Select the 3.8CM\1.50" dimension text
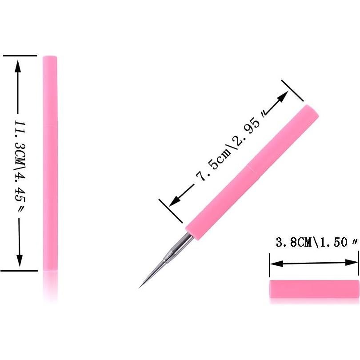point(316,243)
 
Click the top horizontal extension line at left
point(20,56)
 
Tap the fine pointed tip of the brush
point(140,286)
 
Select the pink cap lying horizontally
point(314,289)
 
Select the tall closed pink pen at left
point(50,163)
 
